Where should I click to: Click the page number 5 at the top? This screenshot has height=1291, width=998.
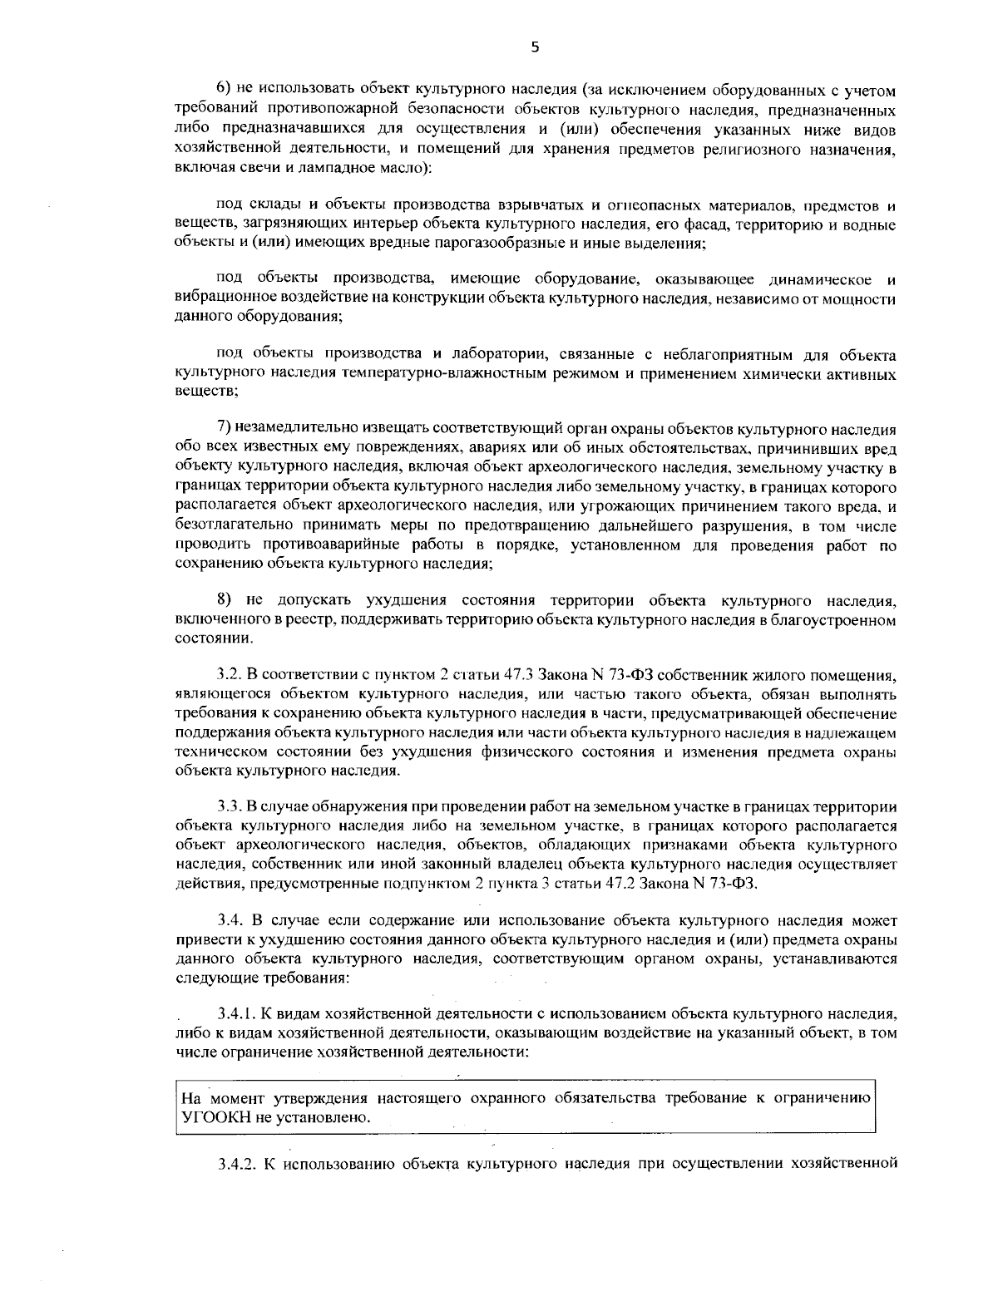[x=535, y=48]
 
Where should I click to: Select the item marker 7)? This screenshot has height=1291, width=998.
[x=225, y=428]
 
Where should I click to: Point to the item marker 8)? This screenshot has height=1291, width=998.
[x=225, y=599]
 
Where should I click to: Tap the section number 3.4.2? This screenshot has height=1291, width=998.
[x=236, y=1162]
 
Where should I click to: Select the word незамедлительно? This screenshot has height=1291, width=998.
[x=294, y=428]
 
